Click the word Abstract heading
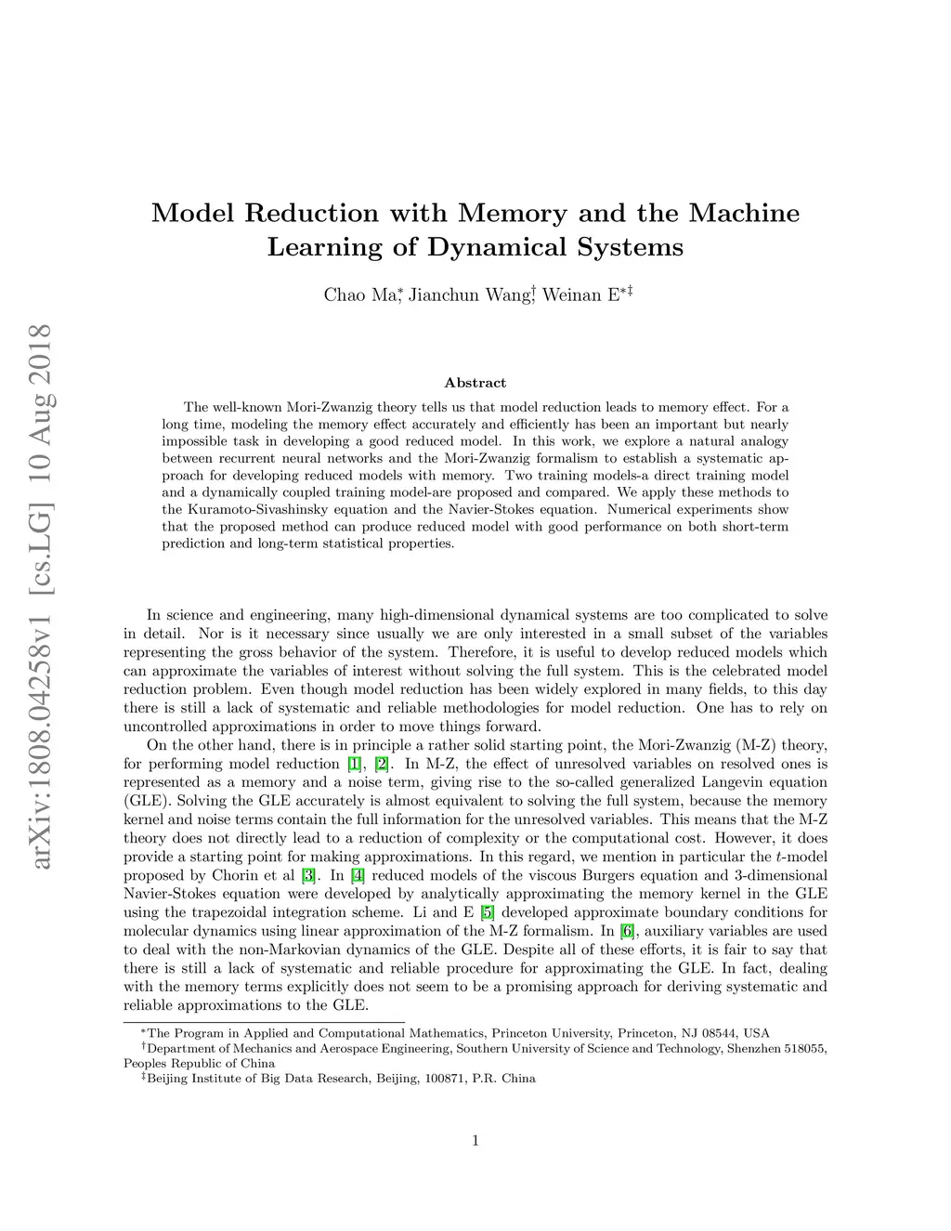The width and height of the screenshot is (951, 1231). [475, 383]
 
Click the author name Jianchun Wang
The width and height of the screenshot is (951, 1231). [469, 295]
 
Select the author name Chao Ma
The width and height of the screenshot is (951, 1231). [359, 295]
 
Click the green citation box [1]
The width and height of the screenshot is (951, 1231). [355, 765]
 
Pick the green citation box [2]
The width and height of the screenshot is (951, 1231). [382, 765]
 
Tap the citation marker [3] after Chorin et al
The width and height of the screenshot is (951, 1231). [308, 876]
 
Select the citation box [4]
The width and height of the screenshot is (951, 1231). [358, 876]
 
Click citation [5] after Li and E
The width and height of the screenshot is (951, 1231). [488, 912]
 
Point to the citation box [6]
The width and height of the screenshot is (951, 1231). [627, 931]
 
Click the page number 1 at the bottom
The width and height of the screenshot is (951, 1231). [475, 1140]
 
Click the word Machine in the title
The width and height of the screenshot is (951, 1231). [744, 213]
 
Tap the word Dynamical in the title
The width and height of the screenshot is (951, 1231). [497, 247]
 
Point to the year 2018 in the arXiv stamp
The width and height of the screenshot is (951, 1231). [40, 358]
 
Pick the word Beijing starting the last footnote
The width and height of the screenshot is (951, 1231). [167, 1079]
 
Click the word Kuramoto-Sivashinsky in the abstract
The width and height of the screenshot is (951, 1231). [259, 509]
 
